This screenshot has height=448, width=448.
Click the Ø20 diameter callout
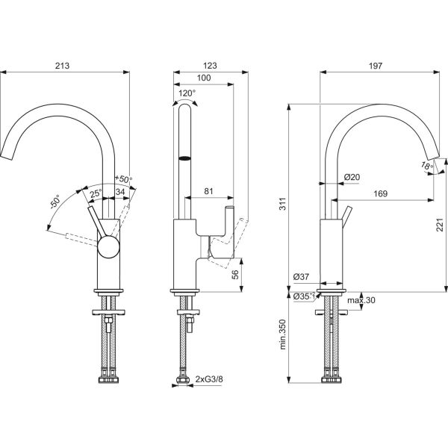pos(353,177)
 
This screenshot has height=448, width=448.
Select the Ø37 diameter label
pos(302,277)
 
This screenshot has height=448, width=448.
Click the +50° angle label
pos(123,179)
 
